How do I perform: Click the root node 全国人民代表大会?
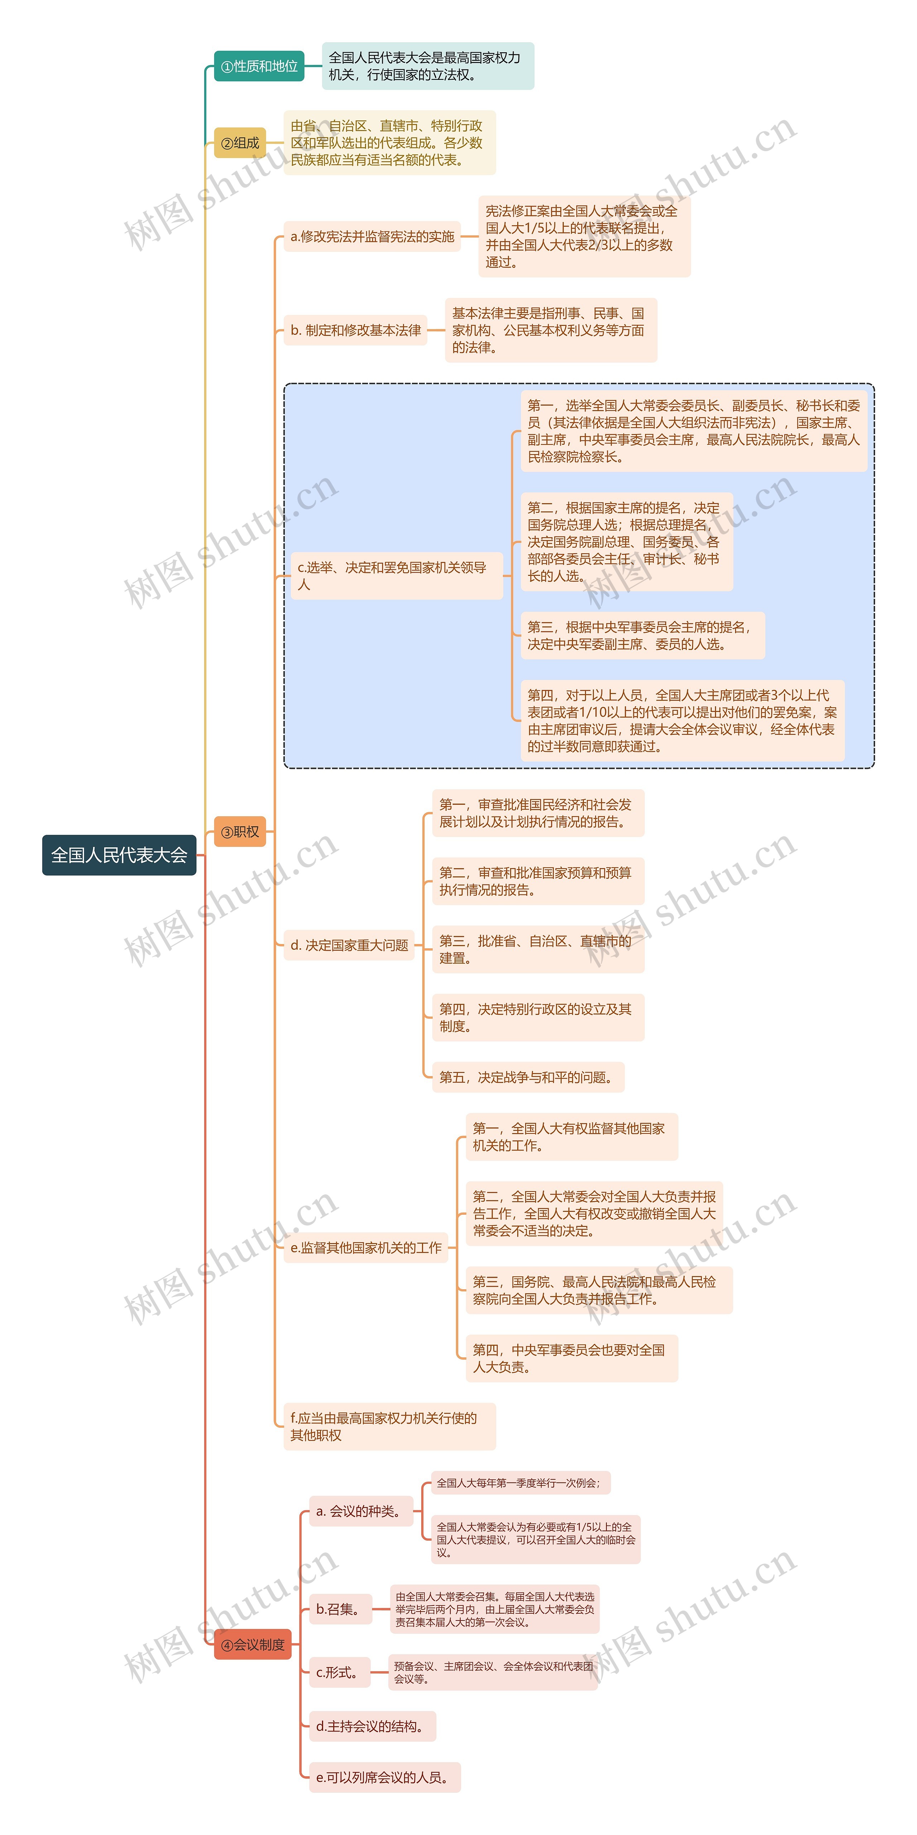[x=119, y=855]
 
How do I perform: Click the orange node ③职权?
[x=240, y=831]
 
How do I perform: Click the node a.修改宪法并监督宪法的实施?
[x=372, y=236]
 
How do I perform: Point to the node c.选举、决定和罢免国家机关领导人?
[x=396, y=575]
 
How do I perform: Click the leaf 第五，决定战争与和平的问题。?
[x=527, y=1077]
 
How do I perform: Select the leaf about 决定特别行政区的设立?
[x=537, y=1017]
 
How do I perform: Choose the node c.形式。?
[x=339, y=1672]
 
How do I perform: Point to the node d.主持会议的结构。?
[x=372, y=1726]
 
